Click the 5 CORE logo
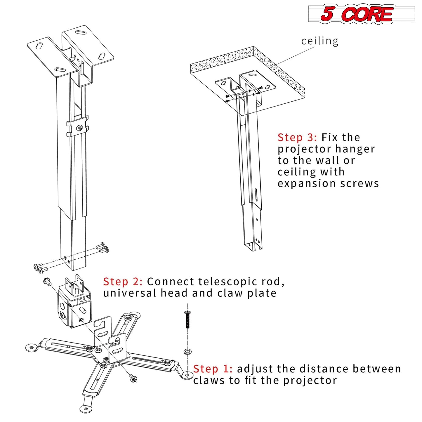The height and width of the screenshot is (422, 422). [x=361, y=13]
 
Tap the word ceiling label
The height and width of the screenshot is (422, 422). [x=320, y=41]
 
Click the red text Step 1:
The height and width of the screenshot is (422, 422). [x=213, y=369]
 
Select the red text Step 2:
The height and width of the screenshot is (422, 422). [x=123, y=282]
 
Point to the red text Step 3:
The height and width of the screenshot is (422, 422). [x=297, y=137]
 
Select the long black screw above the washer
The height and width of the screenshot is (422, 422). [x=187, y=320]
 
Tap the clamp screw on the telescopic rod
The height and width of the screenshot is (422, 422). [x=79, y=128]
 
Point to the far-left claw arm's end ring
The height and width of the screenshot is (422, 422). [x=31, y=347]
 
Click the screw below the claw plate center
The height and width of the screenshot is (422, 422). [x=134, y=379]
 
